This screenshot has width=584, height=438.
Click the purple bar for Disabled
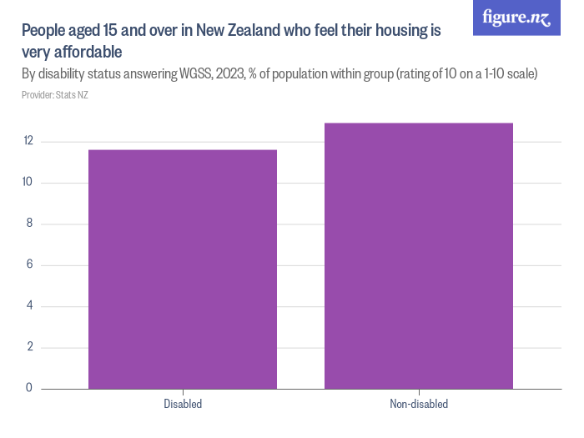coord(183,269)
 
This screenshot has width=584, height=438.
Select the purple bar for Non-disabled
coord(419,255)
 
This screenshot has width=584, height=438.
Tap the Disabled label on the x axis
coord(183,404)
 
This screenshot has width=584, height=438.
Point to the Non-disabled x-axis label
coord(419,404)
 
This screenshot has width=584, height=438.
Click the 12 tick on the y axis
coord(28,141)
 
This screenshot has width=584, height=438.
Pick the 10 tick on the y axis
coord(28,183)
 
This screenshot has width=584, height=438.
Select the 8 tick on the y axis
coord(30,224)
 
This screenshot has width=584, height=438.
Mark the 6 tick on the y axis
coord(30,264)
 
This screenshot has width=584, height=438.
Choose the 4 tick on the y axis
coord(30,305)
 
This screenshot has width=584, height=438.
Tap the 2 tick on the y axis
coord(30,347)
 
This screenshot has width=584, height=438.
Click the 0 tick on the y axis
coord(30,388)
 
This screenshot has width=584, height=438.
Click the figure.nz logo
coord(516,18)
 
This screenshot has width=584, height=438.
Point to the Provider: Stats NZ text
coord(55,95)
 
